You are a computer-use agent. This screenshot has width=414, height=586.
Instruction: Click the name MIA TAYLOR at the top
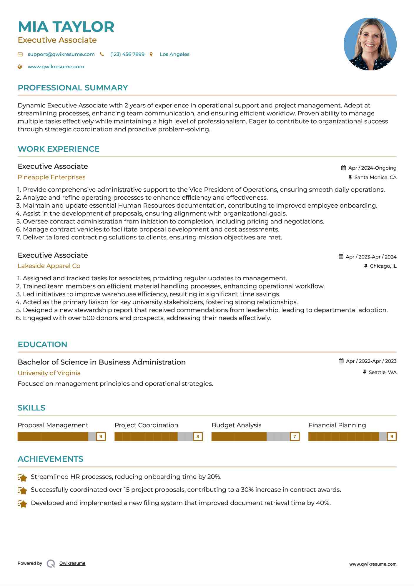pyautogui.click(x=66, y=27)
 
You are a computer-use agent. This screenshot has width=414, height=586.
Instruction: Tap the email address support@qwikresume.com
pyautogui.click(x=61, y=54)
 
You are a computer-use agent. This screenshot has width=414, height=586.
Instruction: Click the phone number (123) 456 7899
pyautogui.click(x=127, y=54)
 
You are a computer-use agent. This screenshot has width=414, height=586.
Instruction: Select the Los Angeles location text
pyautogui.click(x=174, y=54)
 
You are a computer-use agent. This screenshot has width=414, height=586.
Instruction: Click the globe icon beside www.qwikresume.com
pyautogui.click(x=20, y=67)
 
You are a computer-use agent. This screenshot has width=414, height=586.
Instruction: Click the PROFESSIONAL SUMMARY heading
pyautogui.click(x=73, y=88)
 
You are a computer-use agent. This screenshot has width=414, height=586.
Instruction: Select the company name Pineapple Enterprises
pyautogui.click(x=51, y=177)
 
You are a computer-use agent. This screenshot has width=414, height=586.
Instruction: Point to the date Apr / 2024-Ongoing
pyautogui.click(x=372, y=168)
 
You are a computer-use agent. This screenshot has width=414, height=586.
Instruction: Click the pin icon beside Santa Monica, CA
pyautogui.click(x=350, y=177)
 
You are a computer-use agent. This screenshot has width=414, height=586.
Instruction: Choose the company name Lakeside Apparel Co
pyautogui.click(x=49, y=266)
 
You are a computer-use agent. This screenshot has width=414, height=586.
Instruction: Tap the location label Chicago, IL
pyautogui.click(x=383, y=266)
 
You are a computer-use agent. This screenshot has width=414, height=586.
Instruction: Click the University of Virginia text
pyautogui.click(x=49, y=373)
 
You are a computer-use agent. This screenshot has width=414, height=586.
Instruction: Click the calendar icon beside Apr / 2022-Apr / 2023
pyautogui.click(x=341, y=361)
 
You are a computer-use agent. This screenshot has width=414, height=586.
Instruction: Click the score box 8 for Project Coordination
pyautogui.click(x=198, y=436)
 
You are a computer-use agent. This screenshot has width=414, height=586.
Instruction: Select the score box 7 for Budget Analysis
pyautogui.click(x=295, y=436)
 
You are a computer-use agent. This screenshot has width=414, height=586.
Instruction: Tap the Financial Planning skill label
pyautogui.click(x=337, y=425)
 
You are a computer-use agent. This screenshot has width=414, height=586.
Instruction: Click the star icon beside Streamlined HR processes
pyautogui.click(x=22, y=477)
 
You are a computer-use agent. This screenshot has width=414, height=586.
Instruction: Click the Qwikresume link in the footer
pyautogui.click(x=72, y=563)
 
